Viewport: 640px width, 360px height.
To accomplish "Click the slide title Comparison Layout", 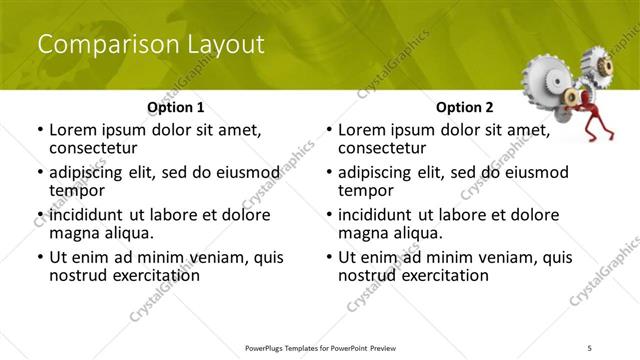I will [x=150, y=45].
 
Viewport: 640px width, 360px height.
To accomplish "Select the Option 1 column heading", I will [x=176, y=106].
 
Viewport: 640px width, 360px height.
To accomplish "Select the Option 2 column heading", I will [x=465, y=106].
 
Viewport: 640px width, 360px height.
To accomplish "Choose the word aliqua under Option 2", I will [x=417, y=233].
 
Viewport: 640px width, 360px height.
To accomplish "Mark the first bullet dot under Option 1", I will [x=39, y=130].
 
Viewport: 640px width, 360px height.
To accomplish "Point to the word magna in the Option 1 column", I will [x=74, y=233].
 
